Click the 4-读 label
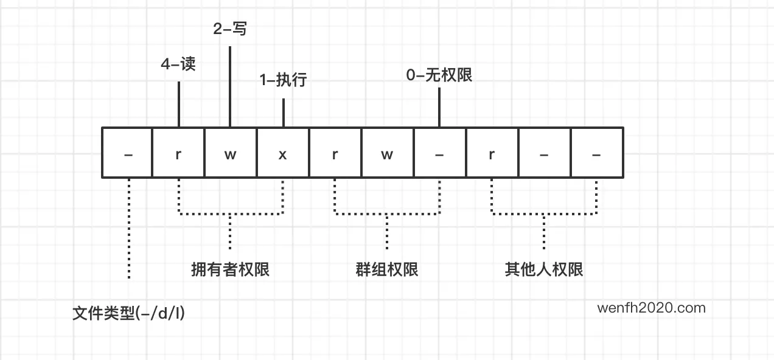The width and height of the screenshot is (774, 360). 178,65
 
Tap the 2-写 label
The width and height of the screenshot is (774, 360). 230,29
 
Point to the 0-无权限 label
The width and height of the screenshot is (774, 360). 439,75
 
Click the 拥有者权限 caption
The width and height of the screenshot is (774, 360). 230,269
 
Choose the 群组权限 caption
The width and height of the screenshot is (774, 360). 387,269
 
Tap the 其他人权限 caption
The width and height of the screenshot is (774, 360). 544,269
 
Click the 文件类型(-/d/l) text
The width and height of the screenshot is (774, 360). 128,314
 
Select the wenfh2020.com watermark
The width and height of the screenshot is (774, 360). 651,308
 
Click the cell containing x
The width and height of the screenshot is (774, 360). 283,153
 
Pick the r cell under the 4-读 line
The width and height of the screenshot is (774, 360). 178,153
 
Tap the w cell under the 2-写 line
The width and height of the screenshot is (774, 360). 230,153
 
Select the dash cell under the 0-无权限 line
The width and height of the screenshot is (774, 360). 439,153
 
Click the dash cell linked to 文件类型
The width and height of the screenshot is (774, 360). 128,153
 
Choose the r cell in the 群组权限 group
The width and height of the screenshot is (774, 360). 335,153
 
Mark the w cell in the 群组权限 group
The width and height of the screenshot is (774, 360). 387,153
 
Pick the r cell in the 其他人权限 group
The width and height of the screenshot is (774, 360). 492,153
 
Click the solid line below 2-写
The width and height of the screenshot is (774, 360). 230,85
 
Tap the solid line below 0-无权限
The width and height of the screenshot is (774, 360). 439,106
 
